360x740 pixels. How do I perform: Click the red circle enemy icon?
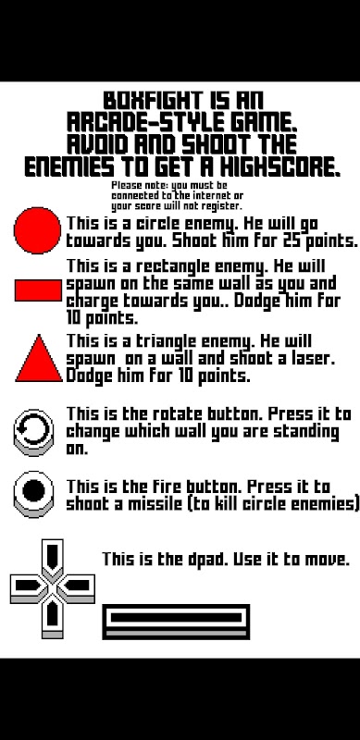[x=37, y=230]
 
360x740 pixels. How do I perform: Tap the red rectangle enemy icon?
[x=38, y=290]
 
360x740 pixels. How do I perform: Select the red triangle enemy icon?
[x=39, y=359]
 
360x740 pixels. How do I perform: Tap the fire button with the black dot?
[x=33, y=493]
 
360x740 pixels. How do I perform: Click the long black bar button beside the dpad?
[x=176, y=622]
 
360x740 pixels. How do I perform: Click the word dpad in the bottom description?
[x=206, y=560]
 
